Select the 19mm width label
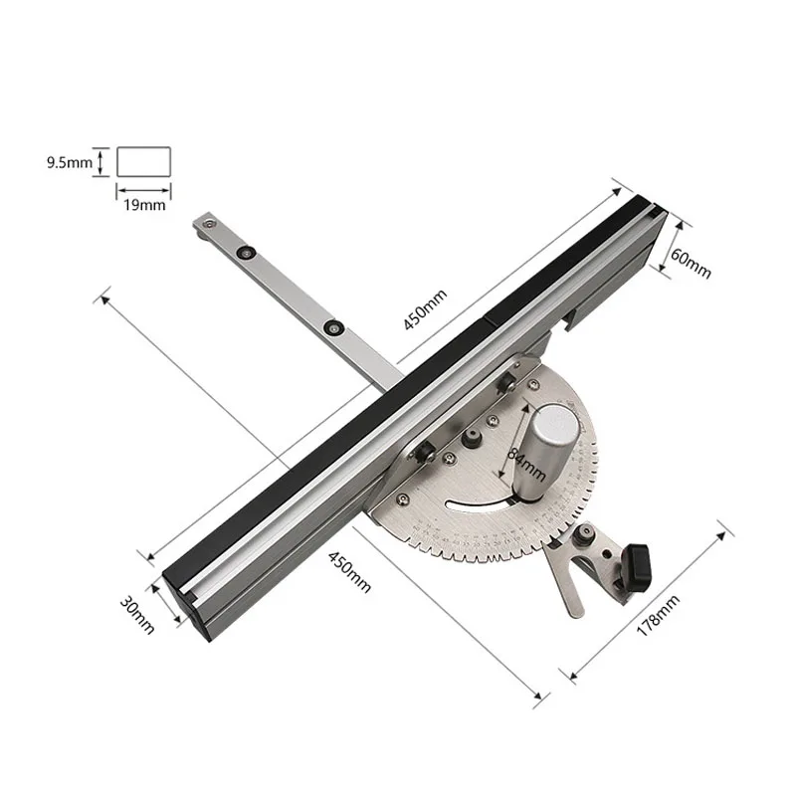(x=144, y=205)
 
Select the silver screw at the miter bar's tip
(x=207, y=224)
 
